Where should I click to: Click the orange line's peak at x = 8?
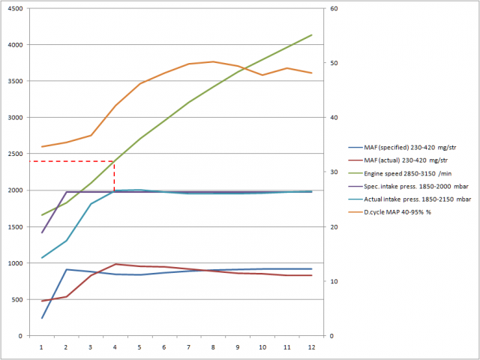213,61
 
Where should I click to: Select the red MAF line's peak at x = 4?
115,264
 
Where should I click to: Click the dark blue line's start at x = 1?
41,318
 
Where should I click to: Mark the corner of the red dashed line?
114,161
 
